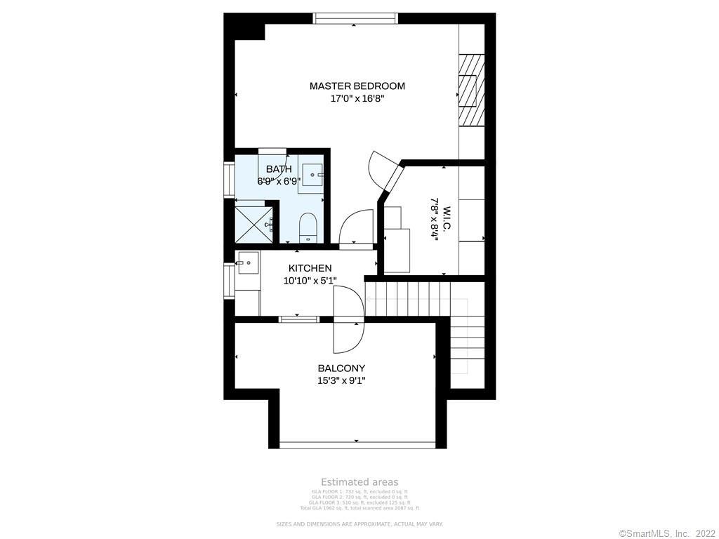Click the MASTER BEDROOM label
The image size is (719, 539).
pyautogui.click(x=357, y=86)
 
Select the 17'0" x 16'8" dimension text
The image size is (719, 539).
pyautogui.click(x=357, y=99)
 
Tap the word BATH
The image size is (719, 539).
pyautogui.click(x=279, y=169)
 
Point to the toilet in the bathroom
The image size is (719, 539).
pyautogui.click(x=309, y=227)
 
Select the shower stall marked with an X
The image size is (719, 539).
pyautogui.click(x=253, y=220)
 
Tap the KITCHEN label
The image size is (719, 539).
pyautogui.click(x=310, y=268)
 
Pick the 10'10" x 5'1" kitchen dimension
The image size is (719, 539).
pyautogui.click(x=310, y=281)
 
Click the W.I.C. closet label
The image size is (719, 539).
pyautogui.click(x=447, y=219)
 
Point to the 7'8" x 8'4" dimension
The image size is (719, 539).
pyautogui.click(x=435, y=219)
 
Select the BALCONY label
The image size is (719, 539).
pyautogui.click(x=341, y=368)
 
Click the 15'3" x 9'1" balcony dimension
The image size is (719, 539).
pyautogui.click(x=341, y=381)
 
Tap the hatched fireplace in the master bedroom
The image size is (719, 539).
pyautogui.click(x=471, y=90)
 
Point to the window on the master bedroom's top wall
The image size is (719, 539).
pyautogui.click(x=355, y=19)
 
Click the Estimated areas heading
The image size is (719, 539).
pyautogui.click(x=359, y=482)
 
